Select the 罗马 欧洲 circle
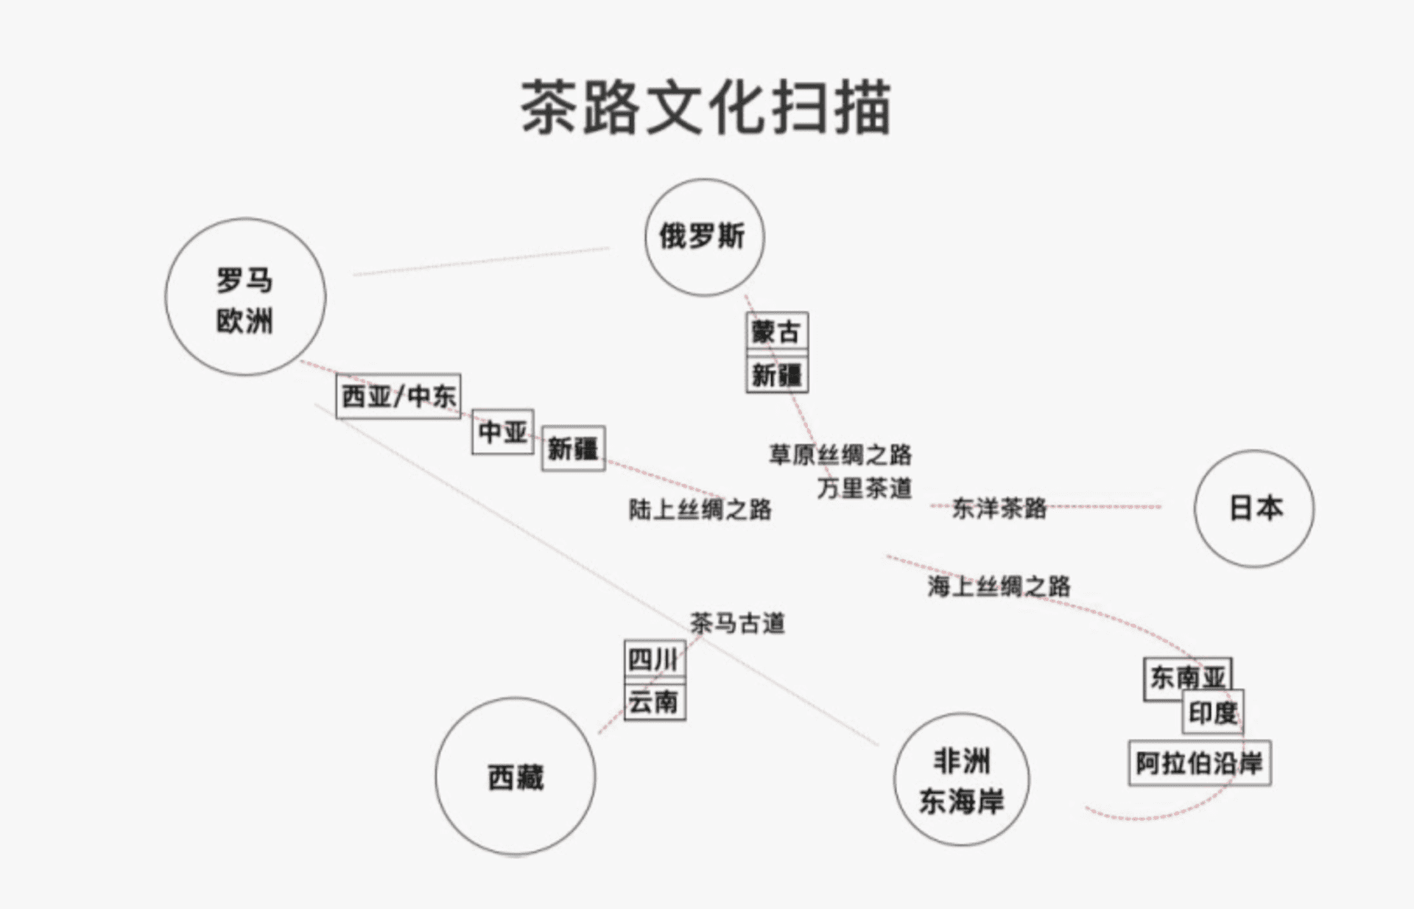[245, 298]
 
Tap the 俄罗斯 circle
[704, 237]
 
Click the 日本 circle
[1253, 508]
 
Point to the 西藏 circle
[515, 776]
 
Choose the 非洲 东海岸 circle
[961, 779]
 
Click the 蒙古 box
[777, 331]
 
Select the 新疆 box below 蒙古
[777, 375]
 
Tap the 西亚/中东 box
[398, 396]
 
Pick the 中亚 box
[502, 431]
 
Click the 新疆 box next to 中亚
[573, 448]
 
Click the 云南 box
[655, 701]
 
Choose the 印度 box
[1213, 712]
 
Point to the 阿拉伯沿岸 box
[1199, 762]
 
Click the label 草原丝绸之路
[840, 454]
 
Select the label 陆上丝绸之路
[700, 509]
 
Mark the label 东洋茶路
[999, 508]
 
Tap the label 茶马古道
[737, 623]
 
